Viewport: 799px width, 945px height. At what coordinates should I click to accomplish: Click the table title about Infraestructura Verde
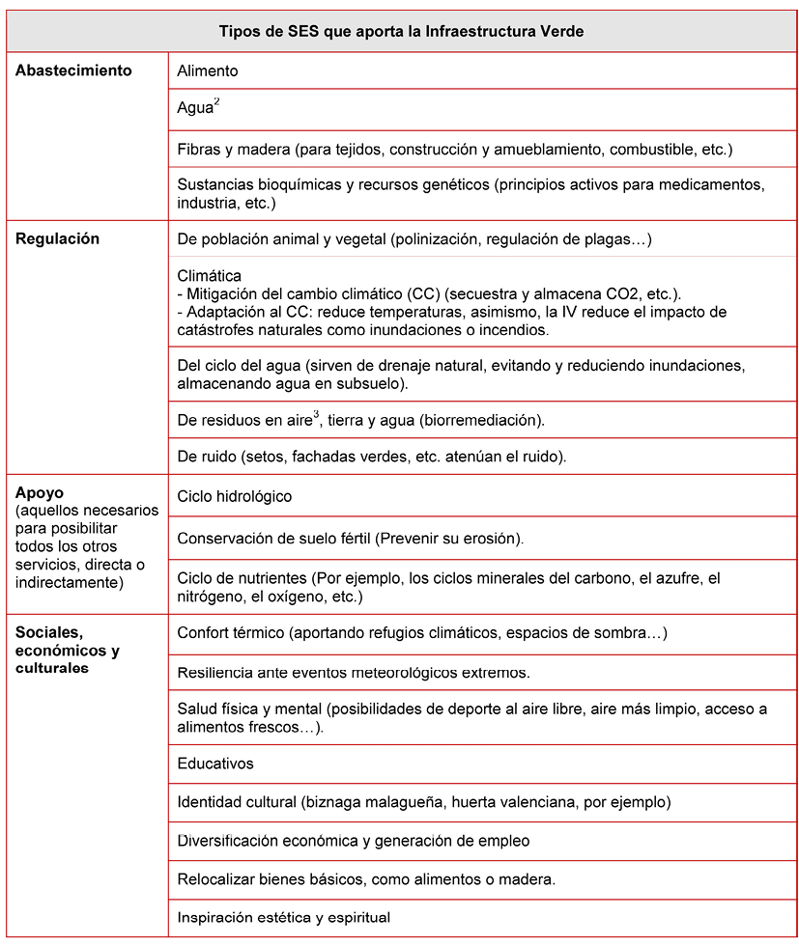(x=401, y=32)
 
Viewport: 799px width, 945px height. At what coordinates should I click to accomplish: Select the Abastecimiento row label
(x=73, y=70)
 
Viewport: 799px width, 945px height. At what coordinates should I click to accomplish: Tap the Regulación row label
(x=57, y=238)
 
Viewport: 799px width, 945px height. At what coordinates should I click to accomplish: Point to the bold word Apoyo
(x=40, y=492)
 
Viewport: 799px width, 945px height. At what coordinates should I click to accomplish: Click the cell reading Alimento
(x=207, y=70)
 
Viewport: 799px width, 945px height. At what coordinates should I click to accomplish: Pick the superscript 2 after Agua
(x=217, y=102)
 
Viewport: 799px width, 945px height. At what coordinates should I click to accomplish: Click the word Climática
(x=210, y=276)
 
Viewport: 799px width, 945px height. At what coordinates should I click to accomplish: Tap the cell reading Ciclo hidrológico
(x=234, y=496)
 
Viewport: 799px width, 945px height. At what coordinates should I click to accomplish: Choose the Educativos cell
(x=215, y=764)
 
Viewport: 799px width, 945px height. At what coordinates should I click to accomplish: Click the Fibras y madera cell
(x=454, y=150)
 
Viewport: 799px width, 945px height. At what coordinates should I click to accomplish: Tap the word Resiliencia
(x=214, y=671)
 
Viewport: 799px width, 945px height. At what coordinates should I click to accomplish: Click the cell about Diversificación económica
(x=353, y=841)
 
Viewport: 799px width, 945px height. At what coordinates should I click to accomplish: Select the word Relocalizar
(x=215, y=879)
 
